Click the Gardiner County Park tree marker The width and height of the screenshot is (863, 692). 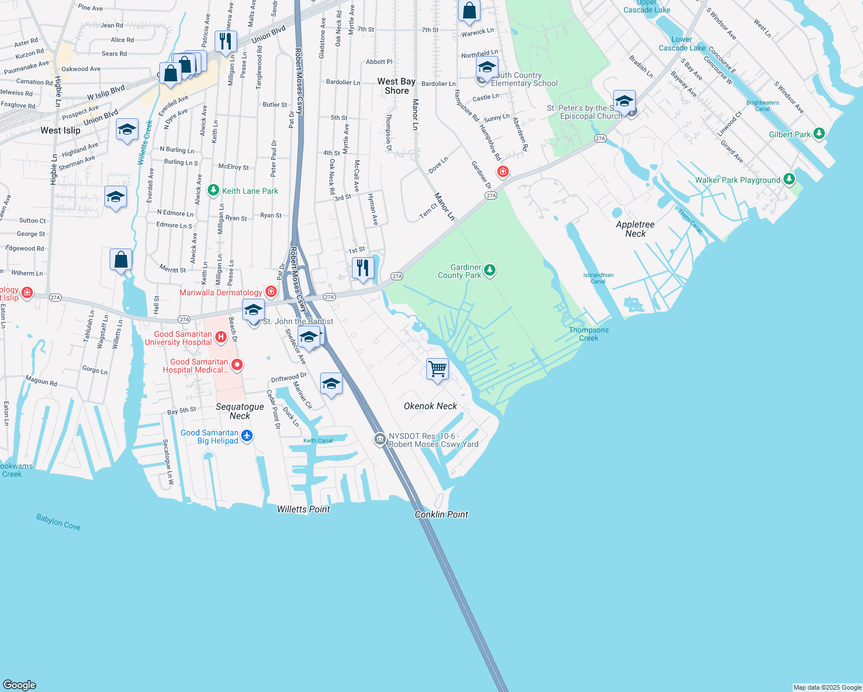[490, 270]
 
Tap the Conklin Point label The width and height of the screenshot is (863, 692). [441, 514]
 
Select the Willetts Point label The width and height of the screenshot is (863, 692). [303, 509]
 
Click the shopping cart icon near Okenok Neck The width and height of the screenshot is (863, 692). [437, 368]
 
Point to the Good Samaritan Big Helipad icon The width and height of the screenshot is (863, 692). [247, 435]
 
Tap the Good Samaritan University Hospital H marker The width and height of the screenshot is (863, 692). [220, 336]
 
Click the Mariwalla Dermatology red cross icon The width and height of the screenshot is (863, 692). [271, 292]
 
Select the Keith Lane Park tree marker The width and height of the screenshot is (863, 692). [213, 190]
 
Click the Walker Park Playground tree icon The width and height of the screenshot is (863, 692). [789, 179]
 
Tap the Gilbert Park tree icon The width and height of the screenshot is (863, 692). [819, 134]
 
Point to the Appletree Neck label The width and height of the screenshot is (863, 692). [635, 229]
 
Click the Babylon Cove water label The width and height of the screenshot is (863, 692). [58, 522]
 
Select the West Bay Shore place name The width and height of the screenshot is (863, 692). [396, 86]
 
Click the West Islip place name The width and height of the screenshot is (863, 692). [61, 130]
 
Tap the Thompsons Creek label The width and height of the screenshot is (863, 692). [588, 334]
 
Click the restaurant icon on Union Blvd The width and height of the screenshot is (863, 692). [226, 41]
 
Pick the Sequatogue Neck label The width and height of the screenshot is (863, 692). [240, 411]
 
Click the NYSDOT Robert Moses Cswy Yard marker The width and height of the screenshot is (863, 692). [380, 439]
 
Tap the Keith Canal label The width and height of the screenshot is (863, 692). [318, 441]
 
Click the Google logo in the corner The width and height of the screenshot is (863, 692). [20, 685]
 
